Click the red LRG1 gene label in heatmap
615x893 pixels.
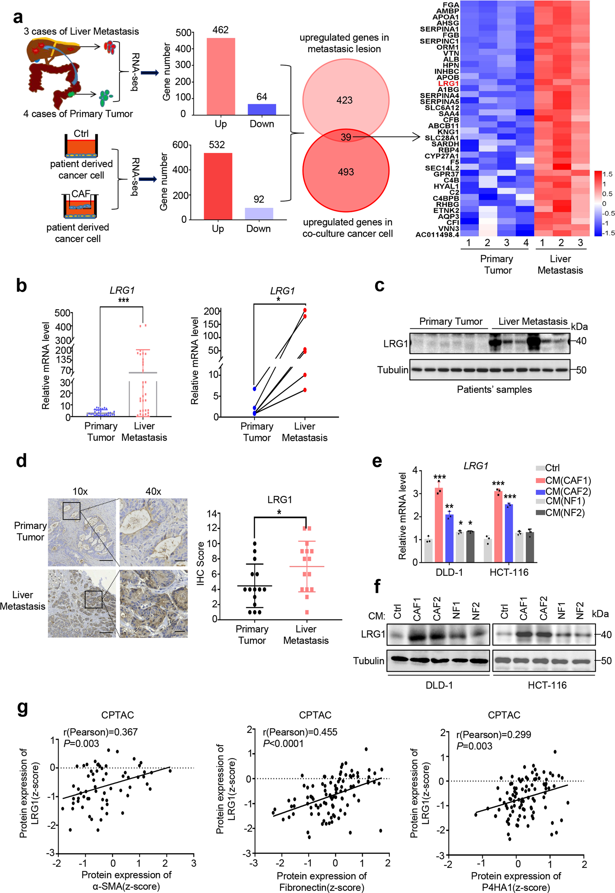coord(448,83)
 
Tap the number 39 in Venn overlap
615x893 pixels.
coord(346,137)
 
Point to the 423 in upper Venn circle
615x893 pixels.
coord(344,100)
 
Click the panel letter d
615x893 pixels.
coord(21,460)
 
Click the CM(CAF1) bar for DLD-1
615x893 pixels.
coord(438,524)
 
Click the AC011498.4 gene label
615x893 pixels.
coord(437,235)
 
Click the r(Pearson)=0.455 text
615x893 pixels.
coord(300,732)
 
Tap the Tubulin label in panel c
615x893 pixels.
coord(392,370)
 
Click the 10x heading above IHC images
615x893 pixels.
coord(80,491)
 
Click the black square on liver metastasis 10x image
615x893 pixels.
coord(93,599)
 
